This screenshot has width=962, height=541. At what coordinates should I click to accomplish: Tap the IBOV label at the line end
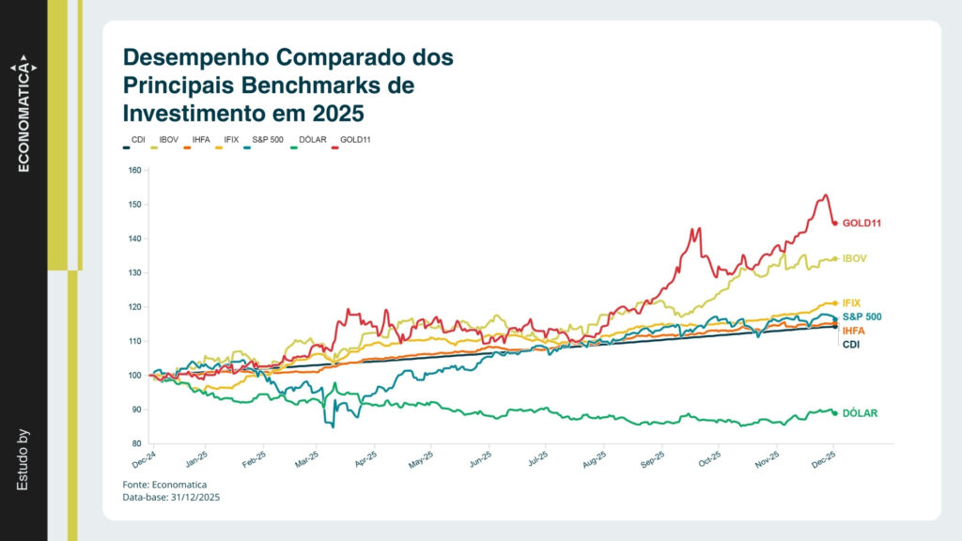pos(854,257)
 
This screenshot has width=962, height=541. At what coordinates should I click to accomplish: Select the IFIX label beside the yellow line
pos(852,303)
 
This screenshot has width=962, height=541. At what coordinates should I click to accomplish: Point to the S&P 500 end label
pos(861,317)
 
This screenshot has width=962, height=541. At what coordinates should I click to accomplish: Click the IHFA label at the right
pos(854,332)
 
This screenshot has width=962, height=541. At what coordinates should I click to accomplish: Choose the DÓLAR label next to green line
pos(860,413)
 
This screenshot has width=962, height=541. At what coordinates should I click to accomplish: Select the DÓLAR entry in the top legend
pos(312,139)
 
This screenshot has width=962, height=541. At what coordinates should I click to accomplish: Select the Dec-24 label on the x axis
pos(144,459)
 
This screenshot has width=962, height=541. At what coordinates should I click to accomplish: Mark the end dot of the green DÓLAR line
pos(835,413)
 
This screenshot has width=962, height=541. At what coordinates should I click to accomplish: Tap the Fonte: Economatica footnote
pos(164,484)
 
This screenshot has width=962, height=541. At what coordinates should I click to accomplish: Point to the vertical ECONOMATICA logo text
pos(24,118)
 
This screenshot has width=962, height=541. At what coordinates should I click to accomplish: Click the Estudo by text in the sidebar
pos(23,460)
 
